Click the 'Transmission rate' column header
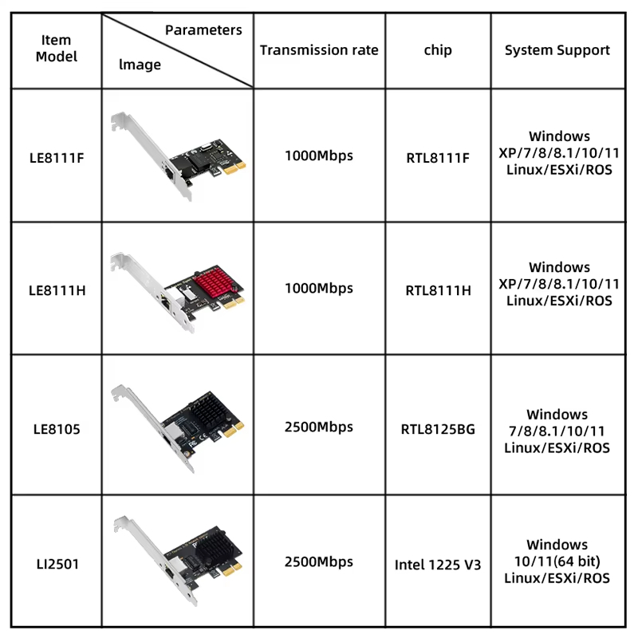(319, 50)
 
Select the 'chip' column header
(438, 50)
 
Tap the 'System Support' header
(557, 50)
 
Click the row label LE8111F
(56, 156)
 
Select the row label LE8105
(56, 429)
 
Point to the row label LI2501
(56, 564)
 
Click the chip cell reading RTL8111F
(438, 156)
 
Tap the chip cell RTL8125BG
(438, 429)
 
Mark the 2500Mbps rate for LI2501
(319, 561)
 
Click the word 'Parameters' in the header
(203, 30)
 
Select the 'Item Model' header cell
(56, 49)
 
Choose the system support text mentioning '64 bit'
(557, 561)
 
